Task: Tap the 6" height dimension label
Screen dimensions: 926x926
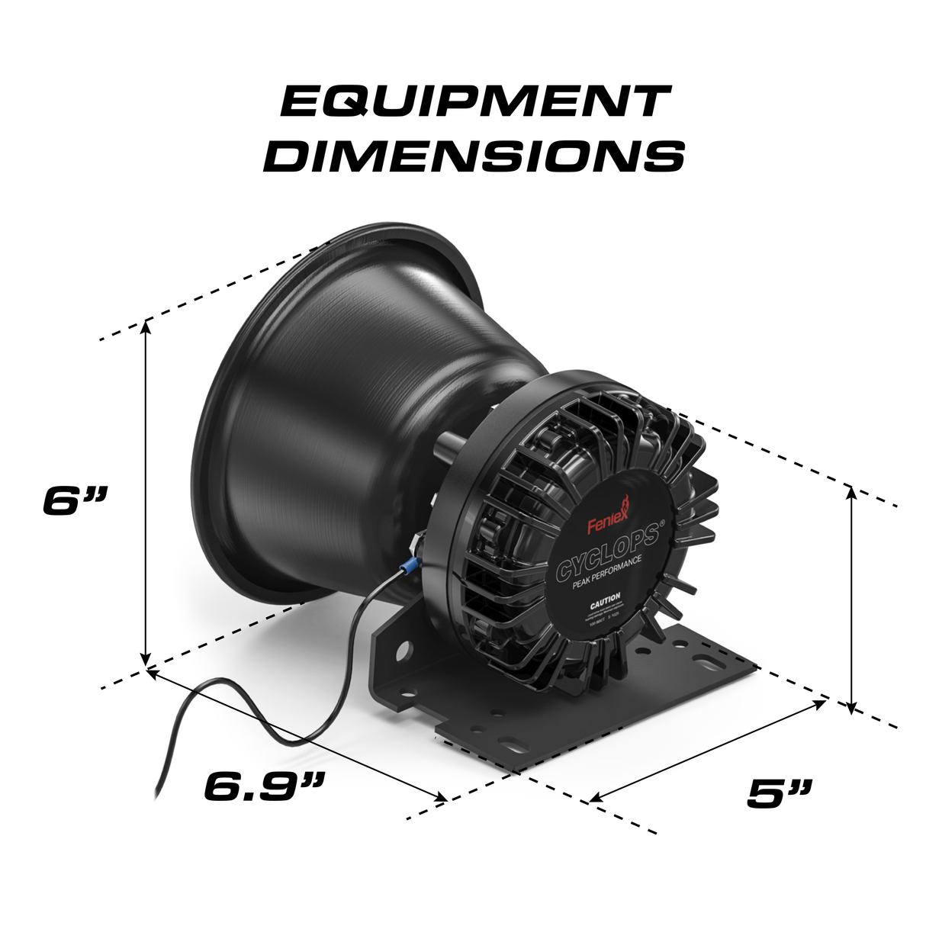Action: (75, 501)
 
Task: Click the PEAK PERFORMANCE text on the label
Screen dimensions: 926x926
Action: (606, 573)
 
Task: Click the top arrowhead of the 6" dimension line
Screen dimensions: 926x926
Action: (146, 326)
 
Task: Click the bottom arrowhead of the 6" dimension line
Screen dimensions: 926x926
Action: (146, 660)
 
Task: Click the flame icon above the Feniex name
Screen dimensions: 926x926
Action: (625, 506)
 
